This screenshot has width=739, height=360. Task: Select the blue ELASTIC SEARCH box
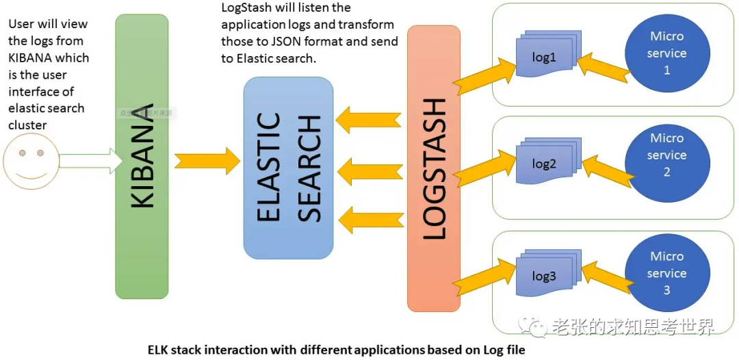pos(288,168)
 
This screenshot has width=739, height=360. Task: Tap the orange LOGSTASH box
pos(434,168)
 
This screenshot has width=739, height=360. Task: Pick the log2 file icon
pos(545,164)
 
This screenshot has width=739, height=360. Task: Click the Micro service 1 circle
pos(667,53)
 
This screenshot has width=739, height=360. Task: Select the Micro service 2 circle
pos(667,155)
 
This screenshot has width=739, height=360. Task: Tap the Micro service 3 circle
pos(667,273)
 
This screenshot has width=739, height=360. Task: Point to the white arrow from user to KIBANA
pos(84,161)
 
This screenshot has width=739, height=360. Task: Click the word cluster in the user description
pos(27,125)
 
